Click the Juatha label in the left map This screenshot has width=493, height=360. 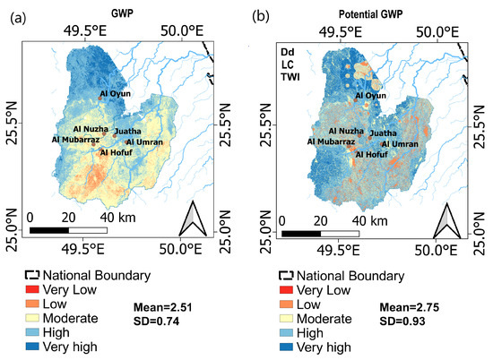tap(128, 131)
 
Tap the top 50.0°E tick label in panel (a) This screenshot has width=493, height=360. tap(177, 30)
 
